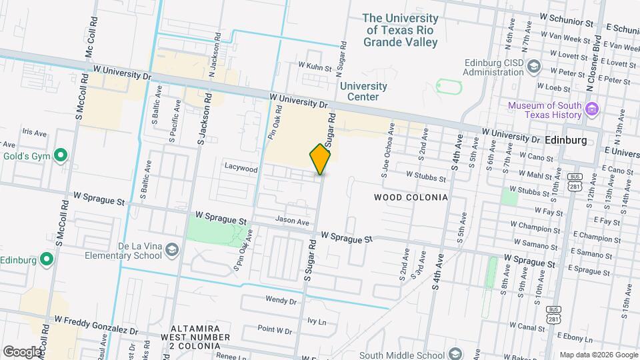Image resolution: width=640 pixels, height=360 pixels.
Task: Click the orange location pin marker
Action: point(321,159)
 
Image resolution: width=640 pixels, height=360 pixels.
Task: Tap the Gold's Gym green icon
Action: point(61,156)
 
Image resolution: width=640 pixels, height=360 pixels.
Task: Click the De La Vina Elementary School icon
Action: point(172,249)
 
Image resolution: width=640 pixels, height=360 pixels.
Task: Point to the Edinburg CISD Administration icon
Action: point(533,66)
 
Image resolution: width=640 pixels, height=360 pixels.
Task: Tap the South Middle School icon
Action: point(455,353)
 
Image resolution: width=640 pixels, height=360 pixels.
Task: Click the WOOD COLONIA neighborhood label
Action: point(410,197)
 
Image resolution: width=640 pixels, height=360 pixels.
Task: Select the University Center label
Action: point(363,91)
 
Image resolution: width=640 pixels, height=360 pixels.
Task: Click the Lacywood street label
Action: point(241,169)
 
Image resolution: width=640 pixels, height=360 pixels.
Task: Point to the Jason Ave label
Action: point(293,221)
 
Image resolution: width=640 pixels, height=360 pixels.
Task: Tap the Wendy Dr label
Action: point(280,301)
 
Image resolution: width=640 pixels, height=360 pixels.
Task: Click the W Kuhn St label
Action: point(315,66)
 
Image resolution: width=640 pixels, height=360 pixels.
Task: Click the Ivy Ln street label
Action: point(317,321)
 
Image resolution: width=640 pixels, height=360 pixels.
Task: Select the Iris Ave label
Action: point(34,133)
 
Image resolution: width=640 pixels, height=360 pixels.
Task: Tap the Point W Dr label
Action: point(275,330)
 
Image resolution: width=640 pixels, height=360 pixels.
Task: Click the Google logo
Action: point(21,351)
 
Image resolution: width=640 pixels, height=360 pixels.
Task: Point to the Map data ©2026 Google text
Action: point(597,354)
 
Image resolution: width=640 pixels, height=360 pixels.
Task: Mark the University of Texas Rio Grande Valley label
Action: point(401,31)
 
